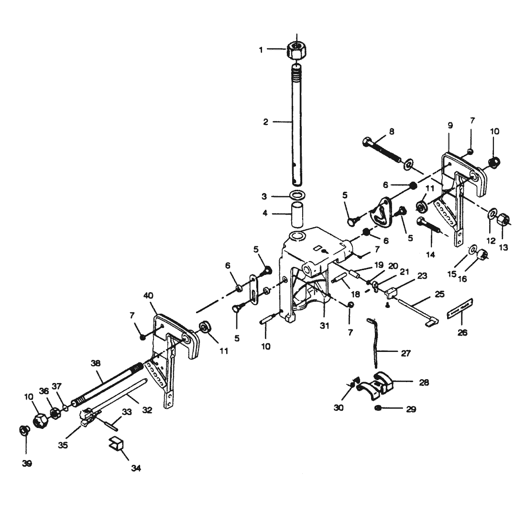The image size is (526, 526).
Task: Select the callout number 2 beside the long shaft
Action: tap(266, 122)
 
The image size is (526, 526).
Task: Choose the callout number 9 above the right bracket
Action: tap(449, 125)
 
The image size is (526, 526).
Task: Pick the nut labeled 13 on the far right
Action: tap(503, 220)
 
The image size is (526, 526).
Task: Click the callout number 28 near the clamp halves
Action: tap(423, 382)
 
